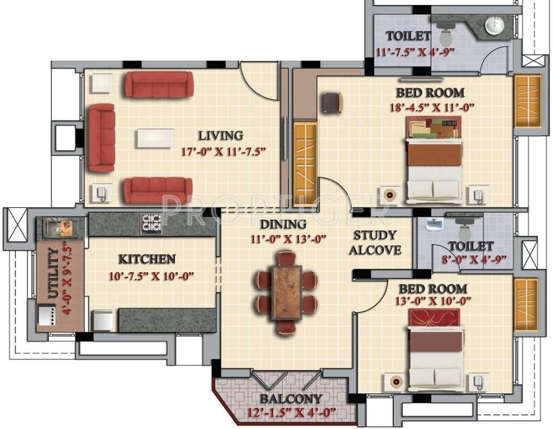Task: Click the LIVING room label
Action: pos(221,135)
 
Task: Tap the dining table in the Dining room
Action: pos(286,292)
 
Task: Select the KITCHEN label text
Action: pos(147,259)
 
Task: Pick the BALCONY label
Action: pos(290,399)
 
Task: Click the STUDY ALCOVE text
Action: pos(375,242)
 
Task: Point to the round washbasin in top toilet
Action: pos(493,25)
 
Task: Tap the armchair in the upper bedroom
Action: pos(331,102)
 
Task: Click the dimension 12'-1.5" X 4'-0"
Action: pos(290,413)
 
